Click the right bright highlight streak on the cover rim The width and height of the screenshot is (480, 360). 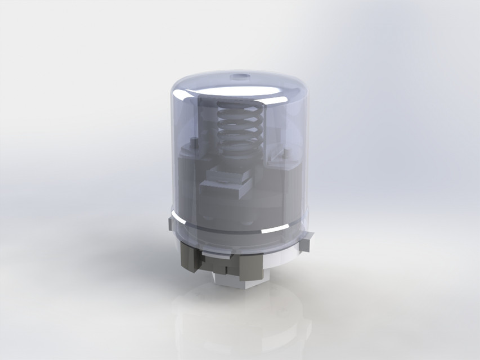[x=281, y=227]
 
